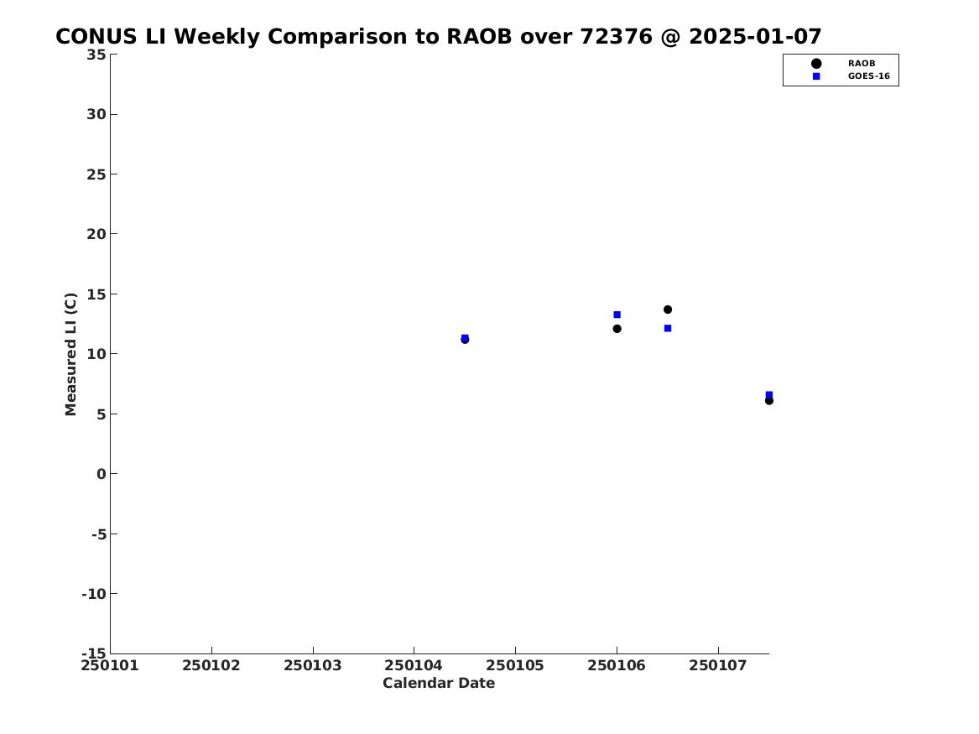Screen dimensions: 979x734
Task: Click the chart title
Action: click(438, 36)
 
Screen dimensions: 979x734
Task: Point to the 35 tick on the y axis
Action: click(96, 55)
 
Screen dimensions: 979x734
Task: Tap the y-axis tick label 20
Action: click(96, 234)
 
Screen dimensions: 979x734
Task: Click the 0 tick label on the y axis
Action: click(102, 474)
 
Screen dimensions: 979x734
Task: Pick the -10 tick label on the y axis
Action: click(94, 594)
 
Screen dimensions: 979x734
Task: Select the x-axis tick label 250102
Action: click(211, 665)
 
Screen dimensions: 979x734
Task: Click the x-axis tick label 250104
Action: click(414, 665)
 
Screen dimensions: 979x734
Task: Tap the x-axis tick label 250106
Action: click(617, 665)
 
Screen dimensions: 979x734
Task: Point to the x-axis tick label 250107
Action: click(718, 665)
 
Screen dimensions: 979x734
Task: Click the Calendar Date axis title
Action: click(439, 683)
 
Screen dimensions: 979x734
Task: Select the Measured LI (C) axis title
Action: click(70, 354)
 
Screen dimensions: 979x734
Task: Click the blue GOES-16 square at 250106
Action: click(617, 315)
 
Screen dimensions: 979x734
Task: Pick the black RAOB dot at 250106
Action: click(617, 329)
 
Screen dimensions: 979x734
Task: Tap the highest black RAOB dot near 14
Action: click(668, 310)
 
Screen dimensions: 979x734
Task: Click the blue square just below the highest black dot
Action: click(668, 328)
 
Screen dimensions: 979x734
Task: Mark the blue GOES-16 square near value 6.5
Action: click(768, 394)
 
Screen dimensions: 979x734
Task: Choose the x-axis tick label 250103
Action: click(313, 665)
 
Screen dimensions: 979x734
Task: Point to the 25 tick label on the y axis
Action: click(96, 174)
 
